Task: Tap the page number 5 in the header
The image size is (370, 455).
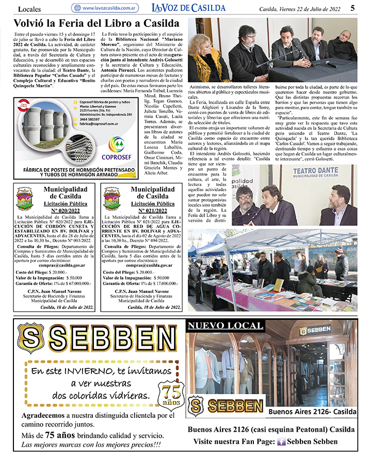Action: point(352,8)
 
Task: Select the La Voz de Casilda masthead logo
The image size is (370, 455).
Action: point(188,8)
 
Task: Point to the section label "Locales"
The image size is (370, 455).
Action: point(30,9)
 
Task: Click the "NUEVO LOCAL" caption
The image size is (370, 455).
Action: point(213,326)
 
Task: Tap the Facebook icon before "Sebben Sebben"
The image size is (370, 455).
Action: point(282,442)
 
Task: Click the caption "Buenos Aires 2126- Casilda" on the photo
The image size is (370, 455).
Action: point(312,411)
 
